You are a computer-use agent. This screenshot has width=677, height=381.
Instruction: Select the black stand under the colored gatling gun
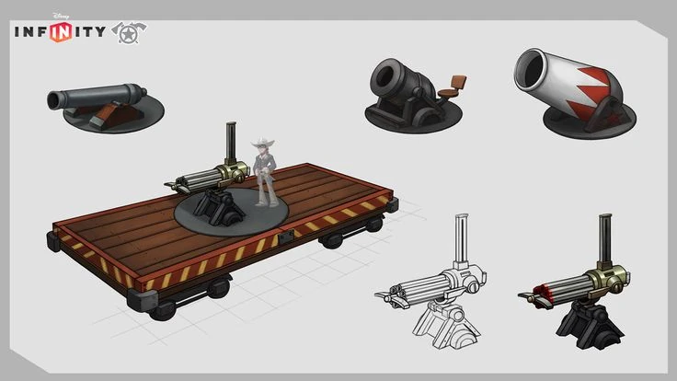tap(588, 318)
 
